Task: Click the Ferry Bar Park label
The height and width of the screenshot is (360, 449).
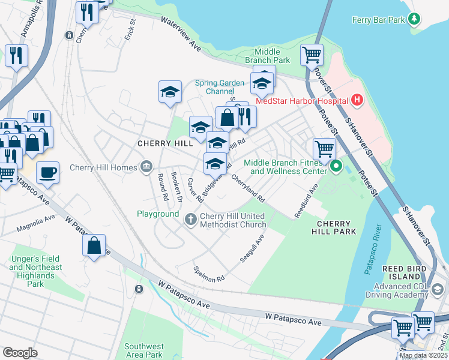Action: (378, 20)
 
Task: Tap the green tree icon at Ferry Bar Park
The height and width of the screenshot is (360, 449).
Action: (414, 19)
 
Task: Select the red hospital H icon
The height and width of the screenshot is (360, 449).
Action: (358, 100)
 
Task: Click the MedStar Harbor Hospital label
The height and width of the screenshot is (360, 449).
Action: (303, 100)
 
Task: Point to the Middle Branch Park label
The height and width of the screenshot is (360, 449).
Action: (268, 56)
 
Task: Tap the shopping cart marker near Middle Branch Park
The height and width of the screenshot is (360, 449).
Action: (312, 55)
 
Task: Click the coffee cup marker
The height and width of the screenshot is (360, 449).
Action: (48, 173)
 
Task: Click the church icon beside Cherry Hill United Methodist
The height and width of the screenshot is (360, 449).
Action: (191, 219)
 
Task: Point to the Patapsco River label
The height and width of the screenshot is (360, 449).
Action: (373, 249)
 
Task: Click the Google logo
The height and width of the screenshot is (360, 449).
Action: (20, 352)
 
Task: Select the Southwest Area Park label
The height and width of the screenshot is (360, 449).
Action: (144, 350)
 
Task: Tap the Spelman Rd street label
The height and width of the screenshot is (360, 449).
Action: (208, 274)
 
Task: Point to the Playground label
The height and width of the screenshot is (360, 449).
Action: (158, 214)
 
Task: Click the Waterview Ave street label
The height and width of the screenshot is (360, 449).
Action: (181, 31)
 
